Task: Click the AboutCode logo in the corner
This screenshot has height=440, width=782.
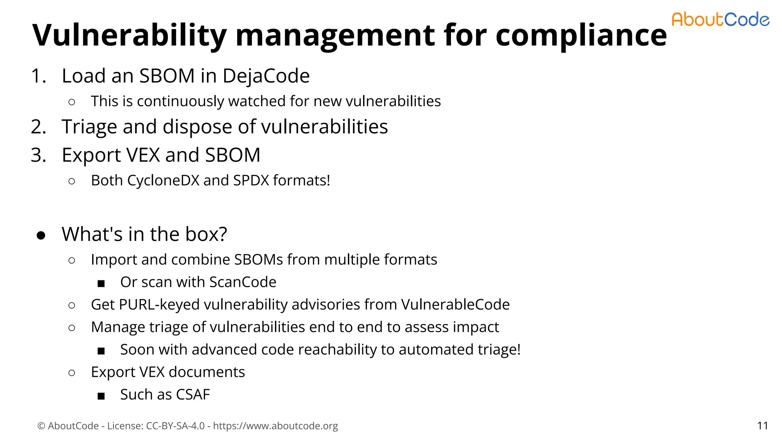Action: pyautogui.click(x=720, y=19)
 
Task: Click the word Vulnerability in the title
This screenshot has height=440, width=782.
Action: pyautogui.click(x=129, y=35)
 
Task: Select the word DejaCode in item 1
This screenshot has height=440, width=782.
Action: pyautogui.click(x=266, y=76)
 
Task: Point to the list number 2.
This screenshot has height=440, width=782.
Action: pyautogui.click(x=38, y=127)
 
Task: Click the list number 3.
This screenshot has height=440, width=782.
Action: pyautogui.click(x=38, y=155)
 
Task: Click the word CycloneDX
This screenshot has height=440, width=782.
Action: pyautogui.click(x=163, y=180)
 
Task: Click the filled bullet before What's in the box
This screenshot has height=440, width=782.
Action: pyautogui.click(x=41, y=235)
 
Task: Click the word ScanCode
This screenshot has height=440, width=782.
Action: pyautogui.click(x=243, y=282)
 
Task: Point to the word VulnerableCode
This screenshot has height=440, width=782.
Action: pyautogui.click(x=455, y=304)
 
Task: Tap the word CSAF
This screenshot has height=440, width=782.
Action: pyautogui.click(x=193, y=395)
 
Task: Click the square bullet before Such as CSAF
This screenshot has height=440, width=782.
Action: pyautogui.click(x=101, y=396)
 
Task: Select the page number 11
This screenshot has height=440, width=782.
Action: pyautogui.click(x=763, y=425)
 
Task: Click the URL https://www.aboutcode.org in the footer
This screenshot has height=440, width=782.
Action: pyautogui.click(x=275, y=425)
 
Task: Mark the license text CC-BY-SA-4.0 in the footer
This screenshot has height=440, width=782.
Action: pyautogui.click(x=175, y=425)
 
